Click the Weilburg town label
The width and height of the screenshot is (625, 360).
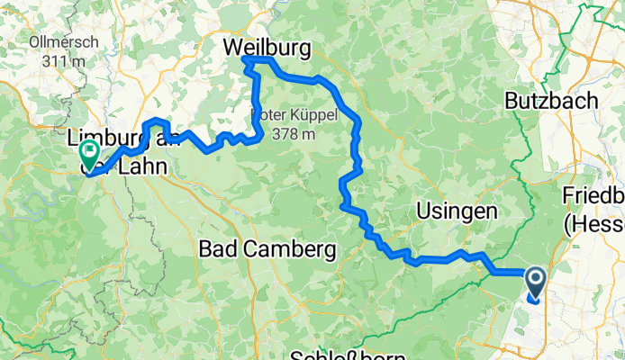[268, 45]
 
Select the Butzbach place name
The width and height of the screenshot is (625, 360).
[551, 100]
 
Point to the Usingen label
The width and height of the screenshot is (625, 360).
[457, 211]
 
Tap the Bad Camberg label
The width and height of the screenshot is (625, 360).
[267, 247]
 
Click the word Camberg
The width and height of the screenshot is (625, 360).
[288, 247]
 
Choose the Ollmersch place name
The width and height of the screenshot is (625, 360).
[57, 41]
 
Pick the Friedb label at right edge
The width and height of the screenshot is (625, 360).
[593, 196]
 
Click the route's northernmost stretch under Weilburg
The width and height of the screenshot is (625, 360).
[257, 59]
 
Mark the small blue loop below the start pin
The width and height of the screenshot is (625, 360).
[533, 301]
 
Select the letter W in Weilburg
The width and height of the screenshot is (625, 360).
[234, 45]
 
